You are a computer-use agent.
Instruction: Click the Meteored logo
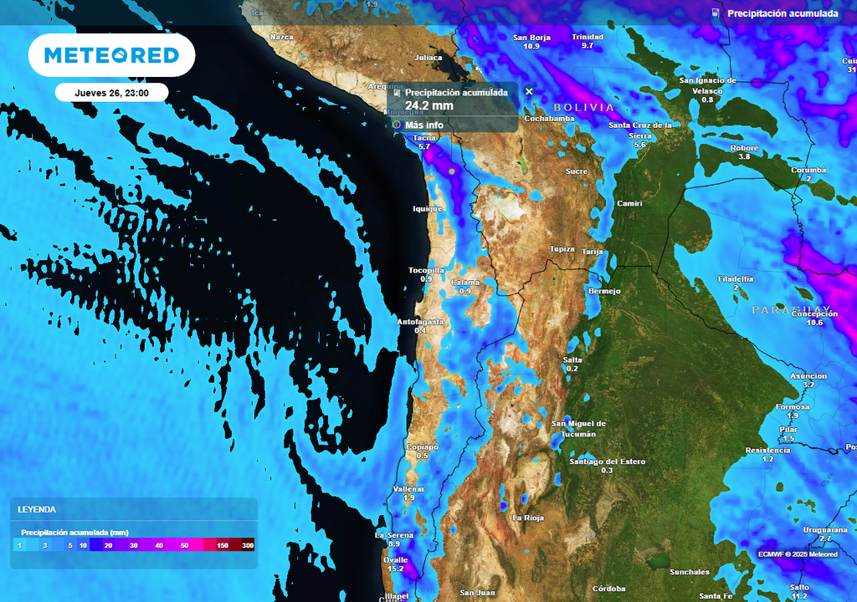[x=111, y=55]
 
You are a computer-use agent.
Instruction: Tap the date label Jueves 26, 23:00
[x=111, y=93]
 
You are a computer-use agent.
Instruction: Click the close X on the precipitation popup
[x=529, y=91]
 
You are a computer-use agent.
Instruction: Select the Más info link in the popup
[x=423, y=125]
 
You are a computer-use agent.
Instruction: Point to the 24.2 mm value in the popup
[x=428, y=105]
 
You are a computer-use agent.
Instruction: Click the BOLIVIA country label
[x=583, y=108]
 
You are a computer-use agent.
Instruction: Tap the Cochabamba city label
[x=549, y=119]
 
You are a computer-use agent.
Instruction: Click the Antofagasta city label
[x=420, y=321]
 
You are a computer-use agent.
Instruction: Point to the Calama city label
[x=466, y=283]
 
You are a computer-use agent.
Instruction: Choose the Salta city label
[x=572, y=359]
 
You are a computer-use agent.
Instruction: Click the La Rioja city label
[x=528, y=518]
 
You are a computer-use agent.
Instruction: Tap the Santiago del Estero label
[x=607, y=462]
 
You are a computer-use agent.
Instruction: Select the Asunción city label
[x=808, y=375]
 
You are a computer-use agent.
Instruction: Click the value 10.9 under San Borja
[x=531, y=46]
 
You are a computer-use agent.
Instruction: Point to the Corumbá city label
[x=808, y=170]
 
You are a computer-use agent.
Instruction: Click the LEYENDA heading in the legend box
[x=37, y=509]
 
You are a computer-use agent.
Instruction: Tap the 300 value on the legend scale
[x=248, y=545]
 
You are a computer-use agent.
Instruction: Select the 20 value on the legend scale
[x=109, y=545]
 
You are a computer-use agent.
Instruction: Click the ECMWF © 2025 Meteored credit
[x=798, y=554]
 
